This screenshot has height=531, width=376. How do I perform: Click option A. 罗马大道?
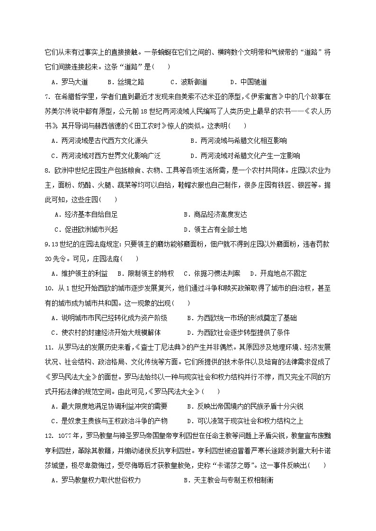point(72,81)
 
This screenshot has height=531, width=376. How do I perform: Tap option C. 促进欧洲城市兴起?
point(86,229)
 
